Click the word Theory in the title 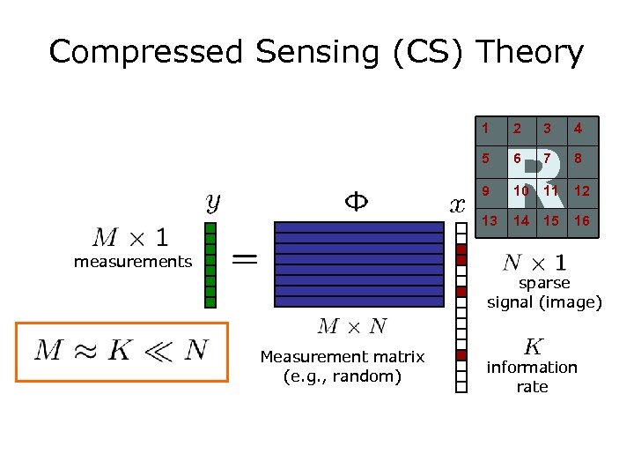530,53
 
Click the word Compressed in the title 145,53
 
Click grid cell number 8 578,160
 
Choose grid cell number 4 578,130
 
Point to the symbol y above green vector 213,203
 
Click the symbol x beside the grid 458,206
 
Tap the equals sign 245,259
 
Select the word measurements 133,261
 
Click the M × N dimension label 352,327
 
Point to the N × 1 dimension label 534,263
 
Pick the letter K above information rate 533,346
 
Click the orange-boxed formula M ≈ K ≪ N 122,351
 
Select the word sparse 544,283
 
